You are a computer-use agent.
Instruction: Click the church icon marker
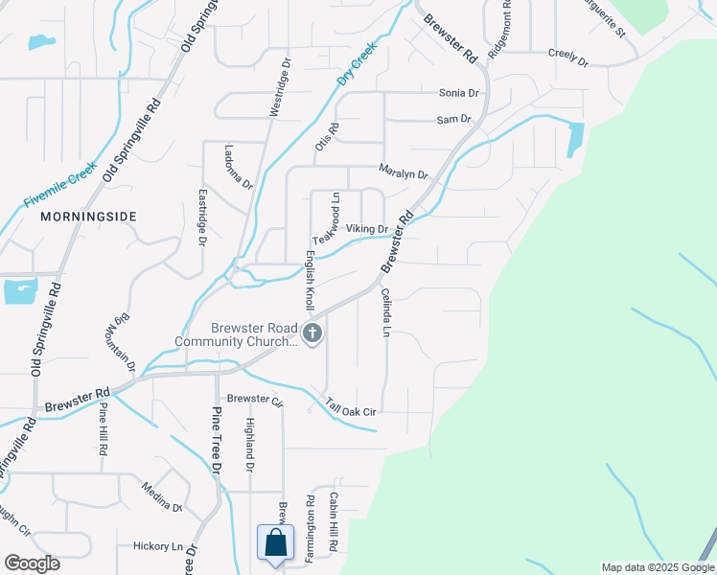[x=312, y=334]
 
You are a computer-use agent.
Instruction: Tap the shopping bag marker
[x=275, y=542]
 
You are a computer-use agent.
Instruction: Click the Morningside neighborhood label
[x=89, y=218]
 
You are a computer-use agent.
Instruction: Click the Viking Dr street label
[x=367, y=230]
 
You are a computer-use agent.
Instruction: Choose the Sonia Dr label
[x=458, y=93]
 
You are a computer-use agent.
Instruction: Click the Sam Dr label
[x=454, y=120]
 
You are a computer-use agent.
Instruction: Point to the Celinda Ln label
[x=386, y=312]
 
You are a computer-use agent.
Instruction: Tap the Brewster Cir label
[x=255, y=399]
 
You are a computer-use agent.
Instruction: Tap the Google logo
[x=32, y=563]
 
